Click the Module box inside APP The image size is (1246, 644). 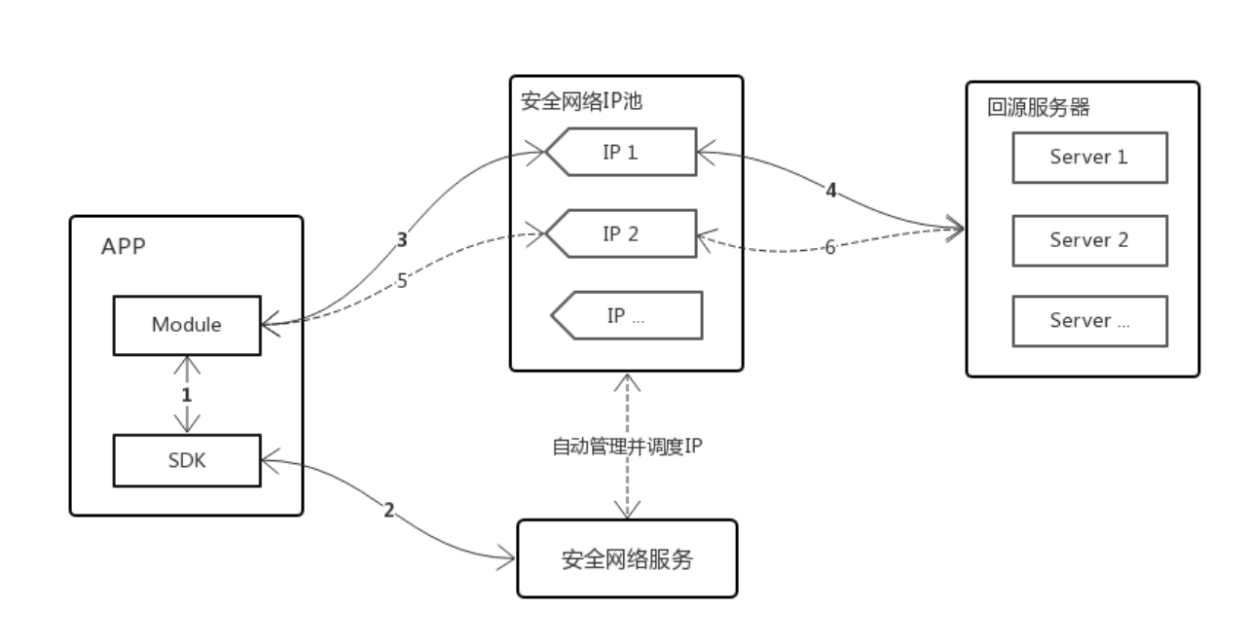tap(186, 325)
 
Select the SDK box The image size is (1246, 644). tap(186, 460)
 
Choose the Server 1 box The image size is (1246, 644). tap(1089, 157)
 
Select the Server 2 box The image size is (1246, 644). tap(1089, 239)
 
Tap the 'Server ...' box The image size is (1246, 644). tap(1089, 321)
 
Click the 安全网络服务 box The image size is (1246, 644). tap(627, 559)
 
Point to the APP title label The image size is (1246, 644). tap(123, 246)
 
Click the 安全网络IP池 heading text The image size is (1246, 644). tap(582, 100)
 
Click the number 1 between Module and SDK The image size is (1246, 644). tap(187, 395)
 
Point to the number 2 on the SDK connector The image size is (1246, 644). tap(389, 510)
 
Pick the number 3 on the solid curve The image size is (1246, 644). tap(401, 238)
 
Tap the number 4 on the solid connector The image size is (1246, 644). tap(830, 191)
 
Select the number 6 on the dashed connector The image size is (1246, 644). tap(830, 247)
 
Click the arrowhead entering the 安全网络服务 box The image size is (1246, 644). tap(508, 558)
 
